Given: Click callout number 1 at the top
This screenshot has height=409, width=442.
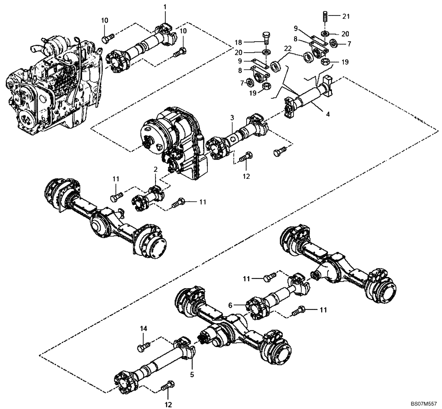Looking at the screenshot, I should tap(165, 7).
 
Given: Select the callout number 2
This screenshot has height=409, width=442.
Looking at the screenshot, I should tap(156, 170).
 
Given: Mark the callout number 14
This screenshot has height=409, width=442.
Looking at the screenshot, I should tap(143, 329).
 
